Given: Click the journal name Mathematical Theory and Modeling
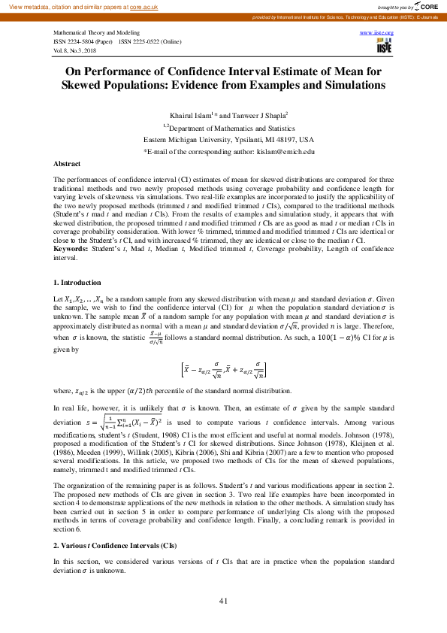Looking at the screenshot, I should [x=96, y=35].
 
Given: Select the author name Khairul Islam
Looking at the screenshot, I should [x=191, y=115].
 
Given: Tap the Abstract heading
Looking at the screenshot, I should [x=67, y=163].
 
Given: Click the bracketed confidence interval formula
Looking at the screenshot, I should [x=223, y=370].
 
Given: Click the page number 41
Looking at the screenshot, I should [x=223, y=600].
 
